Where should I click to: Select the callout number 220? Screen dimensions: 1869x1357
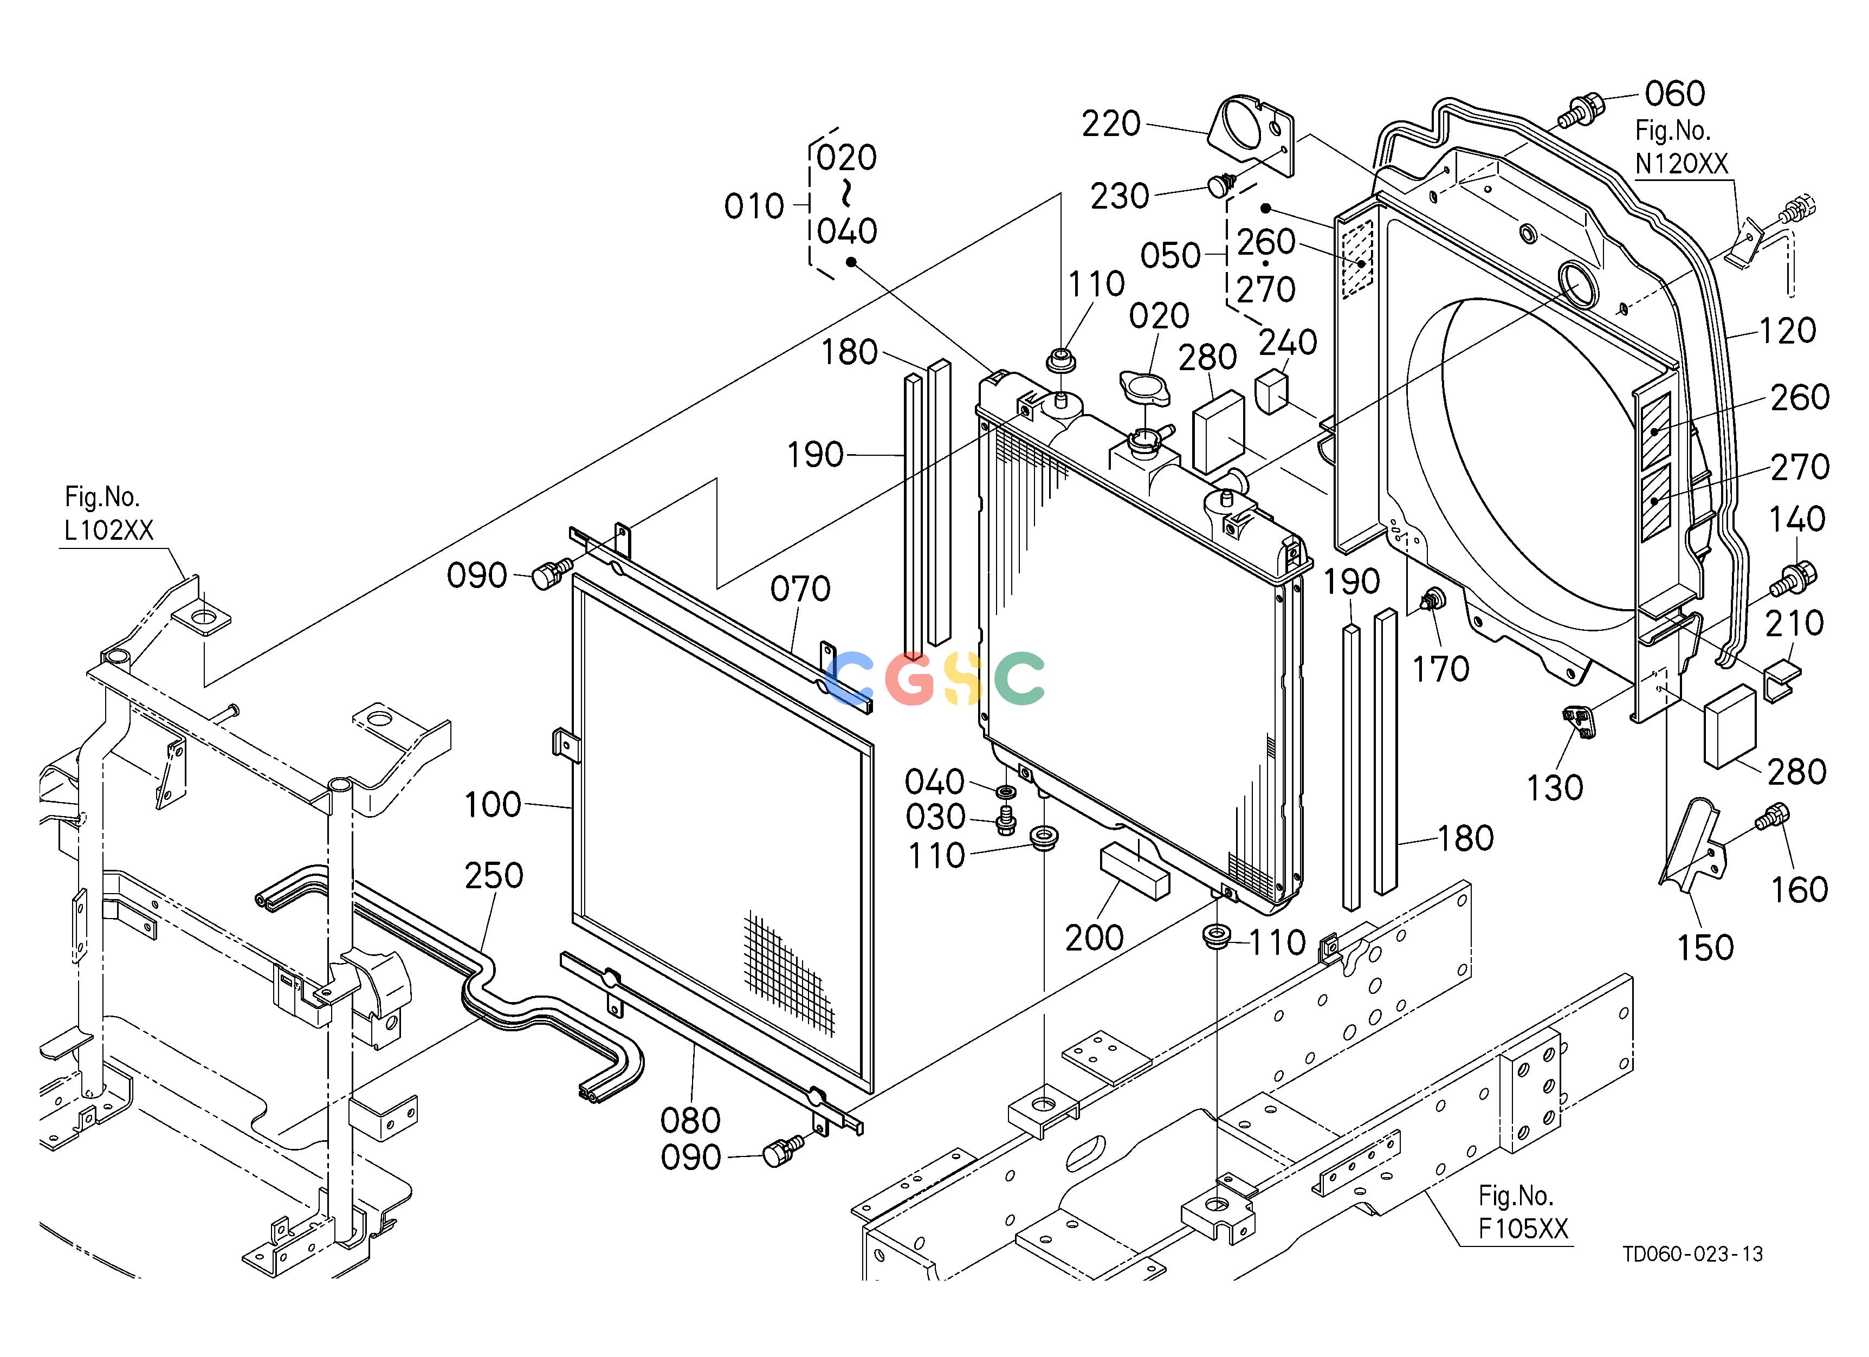pos(1111,125)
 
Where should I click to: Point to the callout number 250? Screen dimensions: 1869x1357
pos(494,876)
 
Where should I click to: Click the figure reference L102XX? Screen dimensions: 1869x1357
pos(109,530)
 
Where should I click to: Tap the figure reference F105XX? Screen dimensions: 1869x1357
pos(1523,1229)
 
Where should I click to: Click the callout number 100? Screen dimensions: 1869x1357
pos(492,805)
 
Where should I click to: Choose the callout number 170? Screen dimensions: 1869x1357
pos(1441,670)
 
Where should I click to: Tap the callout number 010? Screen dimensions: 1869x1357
pos(754,207)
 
